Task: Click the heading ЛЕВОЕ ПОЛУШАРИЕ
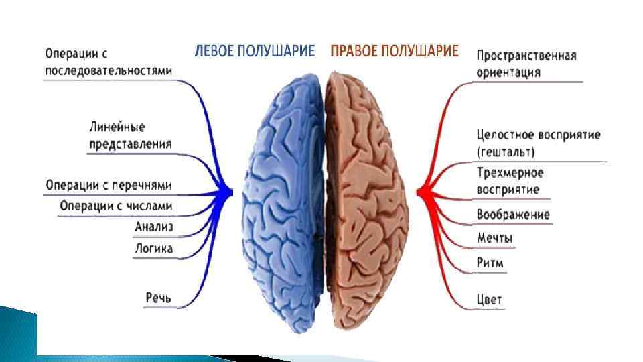point(255,52)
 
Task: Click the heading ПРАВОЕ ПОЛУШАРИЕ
point(395,52)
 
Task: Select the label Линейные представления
point(130,135)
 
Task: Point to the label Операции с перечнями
point(109,184)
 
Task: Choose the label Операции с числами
point(116,205)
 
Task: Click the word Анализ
point(153,227)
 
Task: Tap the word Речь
point(159,296)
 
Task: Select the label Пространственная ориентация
point(526,64)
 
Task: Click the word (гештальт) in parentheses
point(506,152)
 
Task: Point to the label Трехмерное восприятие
point(510,181)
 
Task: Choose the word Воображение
point(513,215)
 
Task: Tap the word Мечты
point(495,238)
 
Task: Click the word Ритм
point(490,263)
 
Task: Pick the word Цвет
point(489,299)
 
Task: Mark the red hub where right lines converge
point(422,193)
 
